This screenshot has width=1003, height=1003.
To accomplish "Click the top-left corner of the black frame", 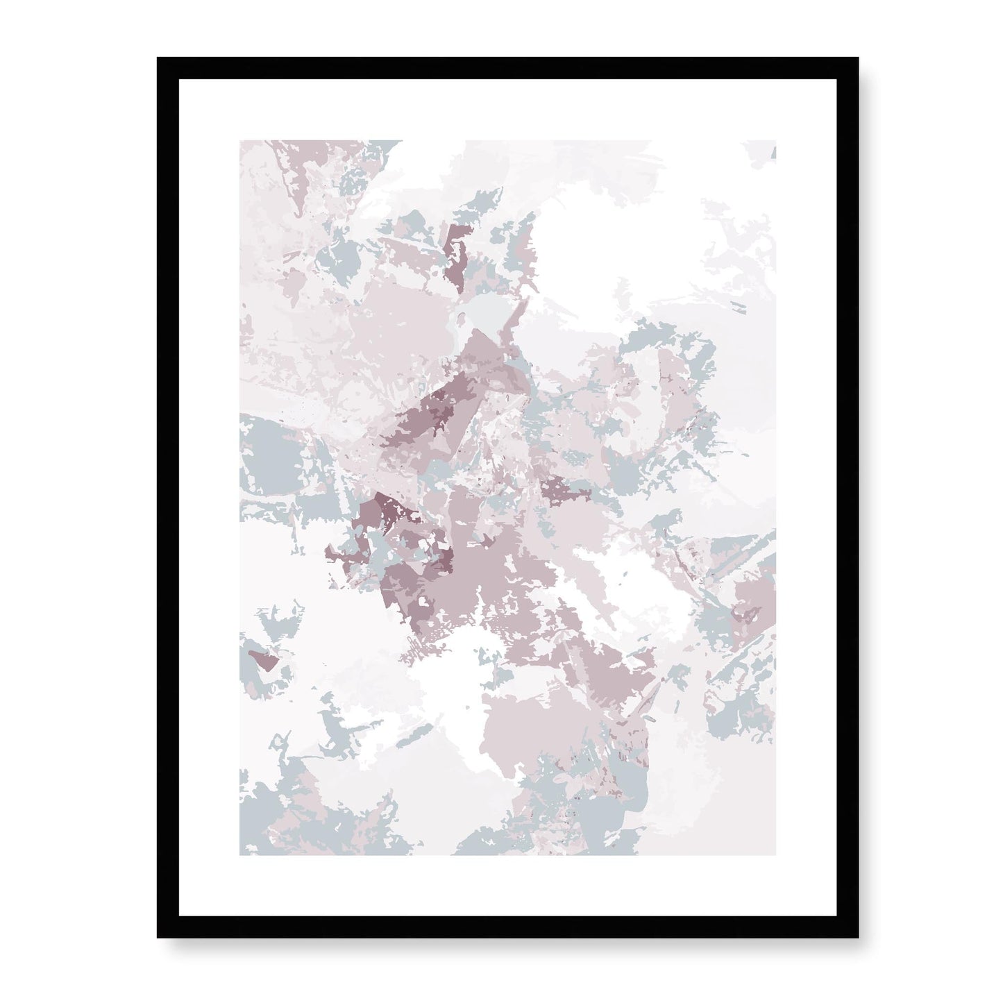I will pos(159,59).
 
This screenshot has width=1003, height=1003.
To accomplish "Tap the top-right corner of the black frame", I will pos(858,59).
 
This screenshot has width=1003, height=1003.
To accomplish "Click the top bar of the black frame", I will pos(508,68).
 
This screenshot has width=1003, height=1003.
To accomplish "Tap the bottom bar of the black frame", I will pos(508,927).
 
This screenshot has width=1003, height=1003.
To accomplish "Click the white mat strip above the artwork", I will pos(508,110).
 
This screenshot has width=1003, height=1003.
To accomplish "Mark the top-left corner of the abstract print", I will pos(240,141).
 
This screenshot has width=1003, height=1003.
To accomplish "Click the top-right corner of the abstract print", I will pos(776,141).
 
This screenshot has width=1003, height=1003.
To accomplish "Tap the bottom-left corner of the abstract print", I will pos(240,854).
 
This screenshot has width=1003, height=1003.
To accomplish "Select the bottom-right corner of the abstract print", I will pos(776,854).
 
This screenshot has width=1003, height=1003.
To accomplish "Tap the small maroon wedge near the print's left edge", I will pos(262,659).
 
